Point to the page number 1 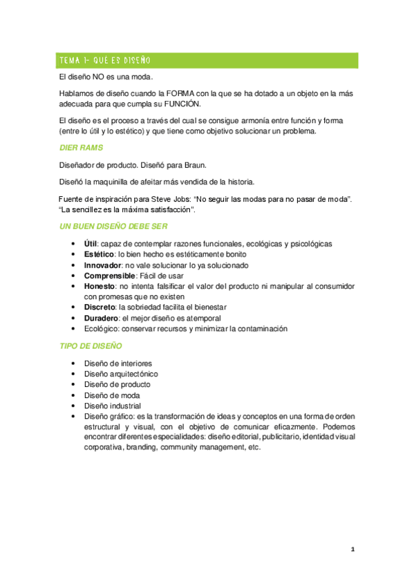pyautogui.click(x=352, y=549)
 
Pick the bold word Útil pyautogui.click(x=91, y=244)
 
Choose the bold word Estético pyautogui.click(x=99, y=254)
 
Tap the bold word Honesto pyautogui.click(x=100, y=286)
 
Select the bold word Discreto pyautogui.click(x=100, y=308)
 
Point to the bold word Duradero pyautogui.click(x=102, y=318)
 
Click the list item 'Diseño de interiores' pyautogui.click(x=117, y=363)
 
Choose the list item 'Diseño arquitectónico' pyautogui.click(x=120, y=374)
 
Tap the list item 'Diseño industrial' pyautogui.click(x=112, y=406)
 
